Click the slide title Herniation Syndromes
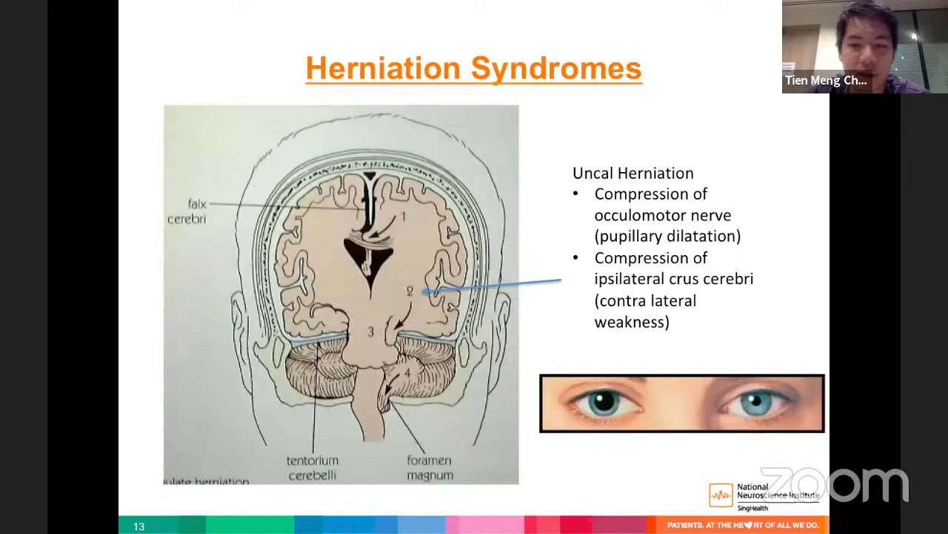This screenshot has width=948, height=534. (473, 68)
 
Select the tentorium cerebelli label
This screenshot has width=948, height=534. (312, 468)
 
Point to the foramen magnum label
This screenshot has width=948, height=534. (430, 468)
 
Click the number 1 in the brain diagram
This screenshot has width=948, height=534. (404, 217)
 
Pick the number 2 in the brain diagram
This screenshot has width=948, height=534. (410, 291)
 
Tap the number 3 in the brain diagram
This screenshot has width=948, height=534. (370, 332)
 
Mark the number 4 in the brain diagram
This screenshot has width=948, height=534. (407, 372)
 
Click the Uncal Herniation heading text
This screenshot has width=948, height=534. (632, 173)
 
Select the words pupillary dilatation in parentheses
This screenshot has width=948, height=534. (667, 236)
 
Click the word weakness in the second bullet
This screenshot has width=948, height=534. (631, 322)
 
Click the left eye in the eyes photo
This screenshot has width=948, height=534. (604, 403)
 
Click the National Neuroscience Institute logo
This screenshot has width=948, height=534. (764, 495)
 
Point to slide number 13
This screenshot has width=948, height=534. (138, 526)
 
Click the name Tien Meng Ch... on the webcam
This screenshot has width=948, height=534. (826, 80)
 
